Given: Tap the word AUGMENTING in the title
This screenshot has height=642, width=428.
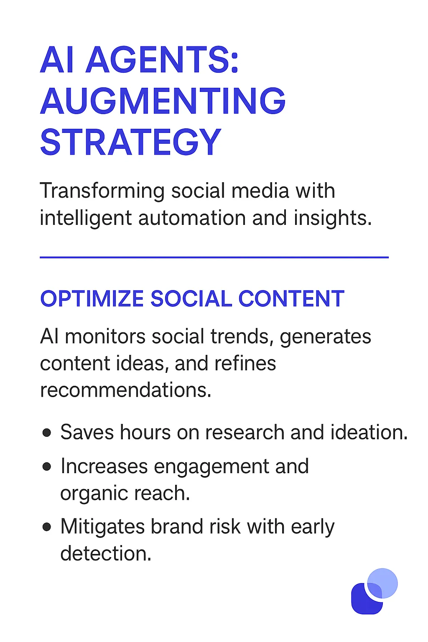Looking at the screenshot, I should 163,101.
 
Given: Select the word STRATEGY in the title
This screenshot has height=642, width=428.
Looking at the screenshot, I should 130,143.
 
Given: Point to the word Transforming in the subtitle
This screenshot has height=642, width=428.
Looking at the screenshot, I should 102,191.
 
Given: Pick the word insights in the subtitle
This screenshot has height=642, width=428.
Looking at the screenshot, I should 332,218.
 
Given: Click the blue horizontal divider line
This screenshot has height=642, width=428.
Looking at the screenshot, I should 214,257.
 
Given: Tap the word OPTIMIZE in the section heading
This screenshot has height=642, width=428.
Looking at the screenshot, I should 92,299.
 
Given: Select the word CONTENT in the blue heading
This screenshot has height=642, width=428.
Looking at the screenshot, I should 291,299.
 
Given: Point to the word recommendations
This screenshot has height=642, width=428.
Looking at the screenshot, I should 125,390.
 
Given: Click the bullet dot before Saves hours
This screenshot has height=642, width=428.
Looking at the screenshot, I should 47,433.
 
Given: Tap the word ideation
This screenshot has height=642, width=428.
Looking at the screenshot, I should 369,433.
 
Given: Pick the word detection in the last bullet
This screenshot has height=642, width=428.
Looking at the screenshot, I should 105,554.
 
